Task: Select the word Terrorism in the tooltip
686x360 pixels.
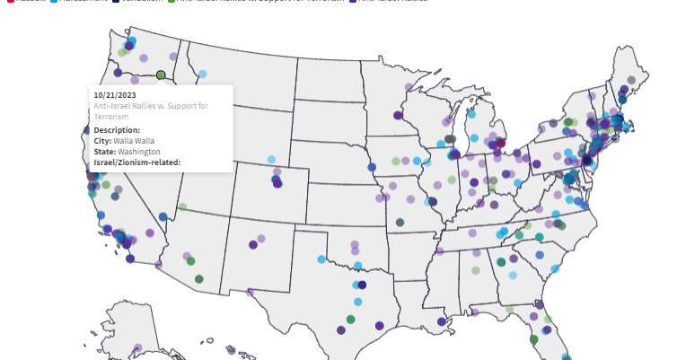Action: (113, 117)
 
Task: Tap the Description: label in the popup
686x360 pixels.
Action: (117, 130)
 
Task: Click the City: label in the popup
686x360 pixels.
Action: (103, 141)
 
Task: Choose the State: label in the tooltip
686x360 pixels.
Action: (105, 152)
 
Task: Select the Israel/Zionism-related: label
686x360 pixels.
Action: (137, 162)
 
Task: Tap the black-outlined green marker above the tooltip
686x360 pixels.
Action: (161, 75)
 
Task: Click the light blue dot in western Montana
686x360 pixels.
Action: (202, 74)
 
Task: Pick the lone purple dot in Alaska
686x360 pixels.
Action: (138, 347)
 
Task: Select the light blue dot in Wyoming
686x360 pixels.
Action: (272, 160)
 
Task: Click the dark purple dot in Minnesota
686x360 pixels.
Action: (398, 115)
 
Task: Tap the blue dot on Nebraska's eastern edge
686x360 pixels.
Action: (372, 167)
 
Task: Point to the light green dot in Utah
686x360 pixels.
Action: (182, 206)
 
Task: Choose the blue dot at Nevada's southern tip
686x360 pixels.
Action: (163, 216)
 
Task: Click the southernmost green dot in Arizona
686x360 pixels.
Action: (198, 279)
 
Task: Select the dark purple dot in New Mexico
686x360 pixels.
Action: (254, 244)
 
